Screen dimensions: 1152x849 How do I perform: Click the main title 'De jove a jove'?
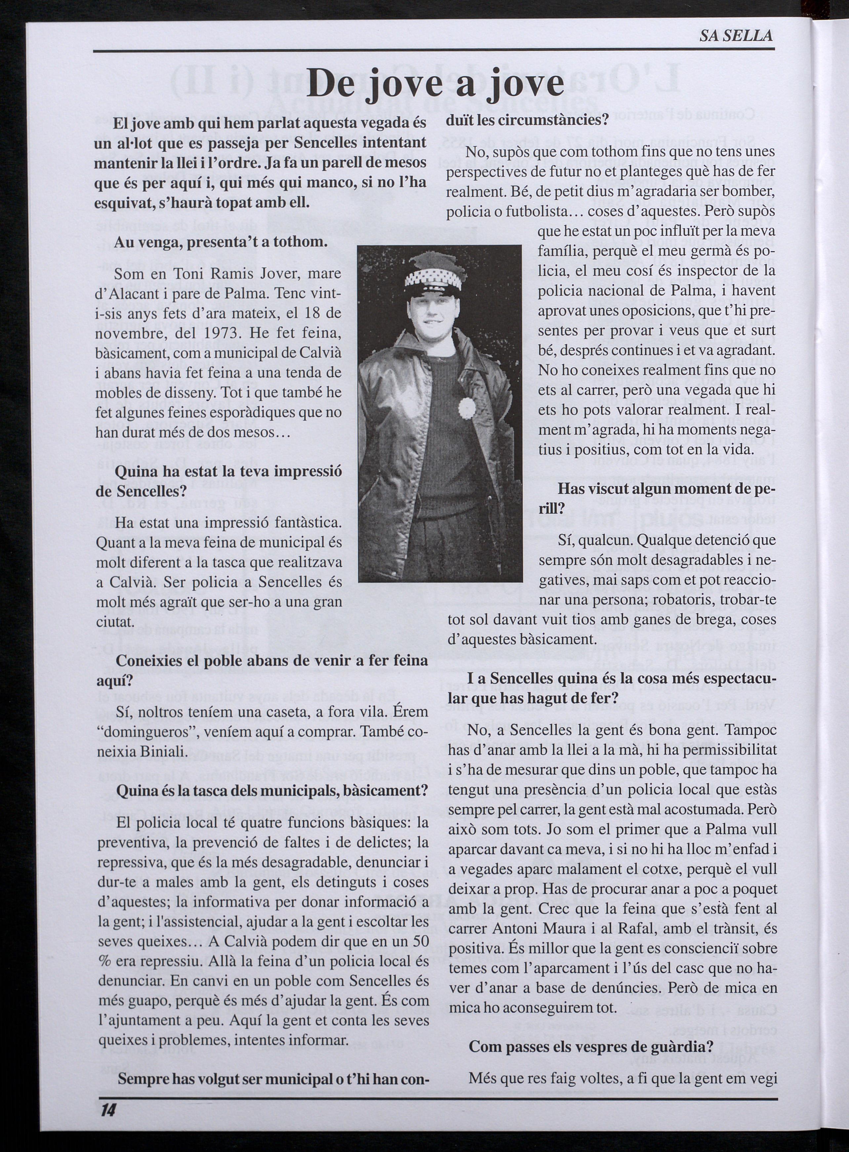coord(434,85)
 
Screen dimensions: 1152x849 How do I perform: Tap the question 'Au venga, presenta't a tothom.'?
coord(221,242)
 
